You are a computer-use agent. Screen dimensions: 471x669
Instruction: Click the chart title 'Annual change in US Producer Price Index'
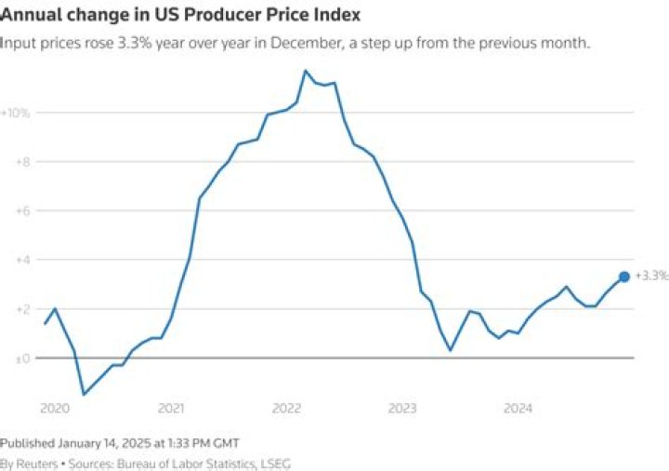point(180,16)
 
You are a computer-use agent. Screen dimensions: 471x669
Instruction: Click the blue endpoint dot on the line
point(624,276)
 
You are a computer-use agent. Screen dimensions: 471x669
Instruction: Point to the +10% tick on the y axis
point(17,113)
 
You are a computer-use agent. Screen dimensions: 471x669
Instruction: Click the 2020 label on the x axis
point(56,409)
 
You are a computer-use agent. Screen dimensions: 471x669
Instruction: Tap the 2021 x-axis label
point(171,409)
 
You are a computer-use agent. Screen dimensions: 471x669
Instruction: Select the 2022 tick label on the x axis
point(287,409)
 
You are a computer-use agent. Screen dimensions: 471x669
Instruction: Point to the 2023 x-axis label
point(402,409)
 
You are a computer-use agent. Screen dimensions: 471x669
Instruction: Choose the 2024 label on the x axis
point(518,409)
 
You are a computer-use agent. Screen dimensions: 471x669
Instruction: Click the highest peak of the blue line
point(306,71)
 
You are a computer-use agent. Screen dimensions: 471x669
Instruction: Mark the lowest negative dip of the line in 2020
point(85,394)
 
